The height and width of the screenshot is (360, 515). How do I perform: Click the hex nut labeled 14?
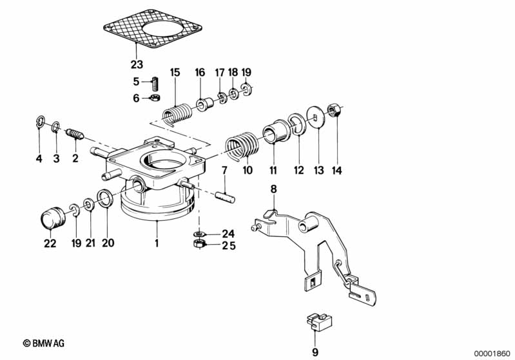pos(334,110)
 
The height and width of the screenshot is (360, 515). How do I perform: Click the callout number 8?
pos(273,189)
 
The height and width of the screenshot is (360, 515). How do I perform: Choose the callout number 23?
pos(136,64)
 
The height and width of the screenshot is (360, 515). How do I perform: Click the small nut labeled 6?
pos(155,98)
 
